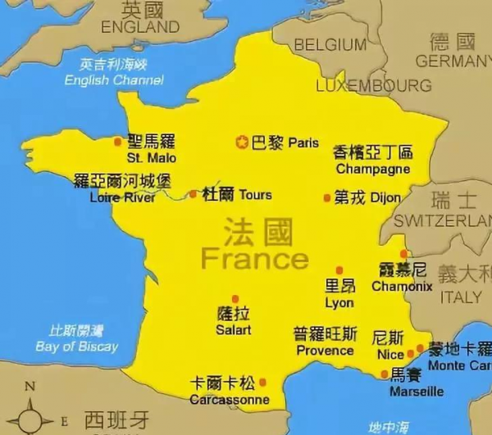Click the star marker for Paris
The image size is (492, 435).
(x=242, y=143)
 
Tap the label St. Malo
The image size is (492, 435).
(x=151, y=157)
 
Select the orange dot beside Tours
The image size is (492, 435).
(x=193, y=195)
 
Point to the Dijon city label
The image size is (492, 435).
(x=385, y=197)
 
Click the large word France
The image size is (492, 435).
(x=255, y=260)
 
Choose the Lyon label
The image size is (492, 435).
(x=339, y=302)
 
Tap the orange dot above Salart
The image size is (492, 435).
(x=235, y=299)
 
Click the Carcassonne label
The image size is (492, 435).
(x=229, y=400)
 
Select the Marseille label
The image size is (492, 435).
(x=416, y=392)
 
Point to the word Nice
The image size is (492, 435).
(x=390, y=355)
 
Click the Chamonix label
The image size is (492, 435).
(x=402, y=287)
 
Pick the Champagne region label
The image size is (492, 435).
(x=372, y=169)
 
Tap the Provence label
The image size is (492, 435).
(x=325, y=351)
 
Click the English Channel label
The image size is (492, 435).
(x=114, y=80)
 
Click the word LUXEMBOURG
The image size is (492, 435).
(x=373, y=85)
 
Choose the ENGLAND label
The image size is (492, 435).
(x=140, y=27)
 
